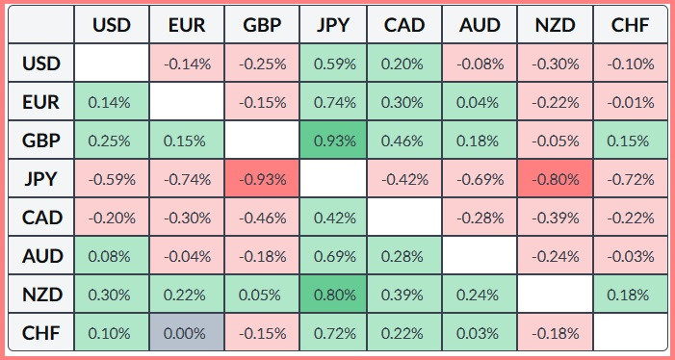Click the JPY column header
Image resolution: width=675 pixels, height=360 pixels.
pyautogui.click(x=333, y=25)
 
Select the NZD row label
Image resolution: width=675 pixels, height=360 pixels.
pyautogui.click(x=42, y=295)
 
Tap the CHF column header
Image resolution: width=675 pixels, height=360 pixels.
pyautogui.click(x=631, y=25)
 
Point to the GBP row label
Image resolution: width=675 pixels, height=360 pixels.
pyautogui.click(x=42, y=141)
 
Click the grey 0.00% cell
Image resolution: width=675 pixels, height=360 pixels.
pyautogui.click(x=187, y=333)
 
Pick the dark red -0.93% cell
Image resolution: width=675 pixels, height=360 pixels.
pyautogui.click(x=262, y=179)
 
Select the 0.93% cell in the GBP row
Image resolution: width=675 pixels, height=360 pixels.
pyautogui.click(x=333, y=141)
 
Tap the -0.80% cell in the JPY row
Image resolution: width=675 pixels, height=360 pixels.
pyautogui.click(x=556, y=179)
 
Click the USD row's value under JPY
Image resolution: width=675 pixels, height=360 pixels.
pyautogui.click(x=333, y=64)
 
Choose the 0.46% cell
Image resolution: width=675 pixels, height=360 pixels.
pyautogui.click(x=404, y=141)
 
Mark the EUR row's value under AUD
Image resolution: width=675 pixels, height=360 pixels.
pyautogui.click(x=480, y=102)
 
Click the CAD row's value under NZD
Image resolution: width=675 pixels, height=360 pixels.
pyautogui.click(x=556, y=218)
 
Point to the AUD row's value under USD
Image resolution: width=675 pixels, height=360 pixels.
pyautogui.click(x=112, y=256)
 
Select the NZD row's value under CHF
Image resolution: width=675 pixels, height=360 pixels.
pyautogui.click(x=631, y=295)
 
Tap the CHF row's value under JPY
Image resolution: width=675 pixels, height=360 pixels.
pyautogui.click(x=333, y=333)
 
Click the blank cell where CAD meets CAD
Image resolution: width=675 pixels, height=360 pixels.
pyautogui.click(x=404, y=218)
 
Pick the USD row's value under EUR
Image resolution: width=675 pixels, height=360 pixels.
pyautogui.click(x=187, y=64)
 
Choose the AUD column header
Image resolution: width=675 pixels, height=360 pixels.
pyautogui.click(x=480, y=25)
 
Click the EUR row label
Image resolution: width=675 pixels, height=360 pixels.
pyautogui.click(x=42, y=102)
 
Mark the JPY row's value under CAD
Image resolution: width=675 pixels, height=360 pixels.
pyautogui.click(x=404, y=179)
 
